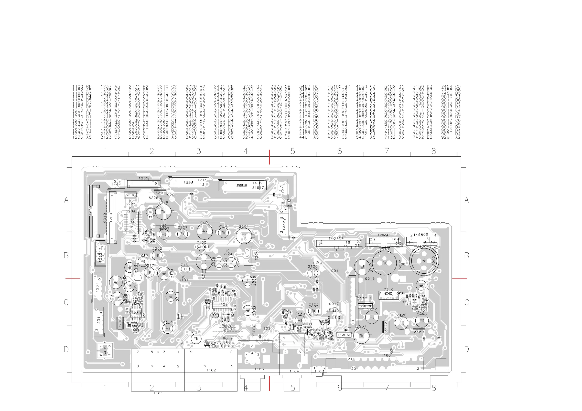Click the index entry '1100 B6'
click(x=82, y=87)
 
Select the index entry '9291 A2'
click(x=451, y=137)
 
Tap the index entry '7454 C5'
click(x=451, y=87)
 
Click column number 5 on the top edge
click(x=293, y=151)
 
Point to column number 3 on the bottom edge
click(x=199, y=388)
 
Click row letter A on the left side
click(x=66, y=200)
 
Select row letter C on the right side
click(x=466, y=302)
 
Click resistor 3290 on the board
click(x=130, y=195)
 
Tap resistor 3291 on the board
click(x=160, y=193)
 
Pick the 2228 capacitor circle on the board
click(x=205, y=231)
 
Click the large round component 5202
click(x=424, y=261)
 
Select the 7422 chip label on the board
click(x=223, y=304)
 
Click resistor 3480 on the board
click(x=419, y=332)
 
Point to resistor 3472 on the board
click(x=386, y=327)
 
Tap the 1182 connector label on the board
click(x=211, y=370)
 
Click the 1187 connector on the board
click(x=319, y=370)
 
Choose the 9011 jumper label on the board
click(x=336, y=270)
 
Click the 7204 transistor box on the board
click(x=248, y=256)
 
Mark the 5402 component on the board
click(x=105, y=350)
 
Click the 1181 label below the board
click(x=158, y=393)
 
